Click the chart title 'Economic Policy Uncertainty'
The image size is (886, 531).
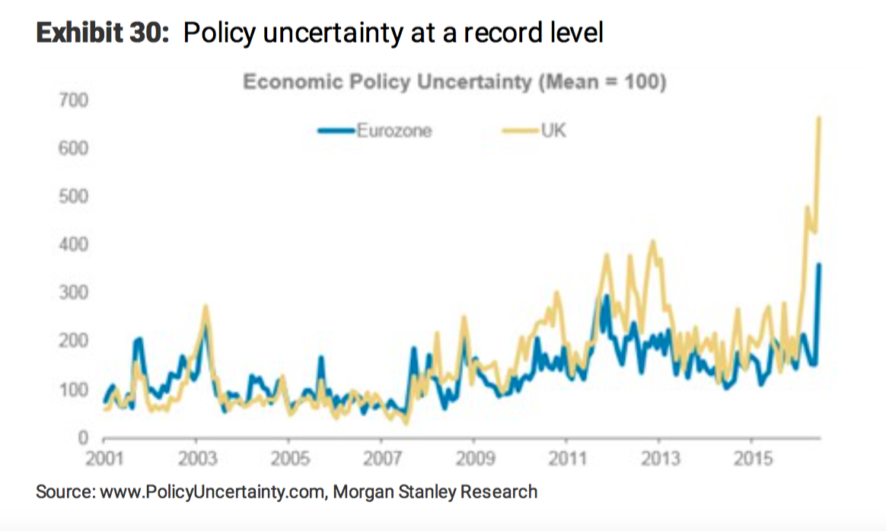387,82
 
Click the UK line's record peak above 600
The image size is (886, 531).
818,118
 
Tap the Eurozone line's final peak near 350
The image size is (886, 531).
818,265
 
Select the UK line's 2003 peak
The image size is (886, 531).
206,307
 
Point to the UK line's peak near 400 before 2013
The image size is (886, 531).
652,243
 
